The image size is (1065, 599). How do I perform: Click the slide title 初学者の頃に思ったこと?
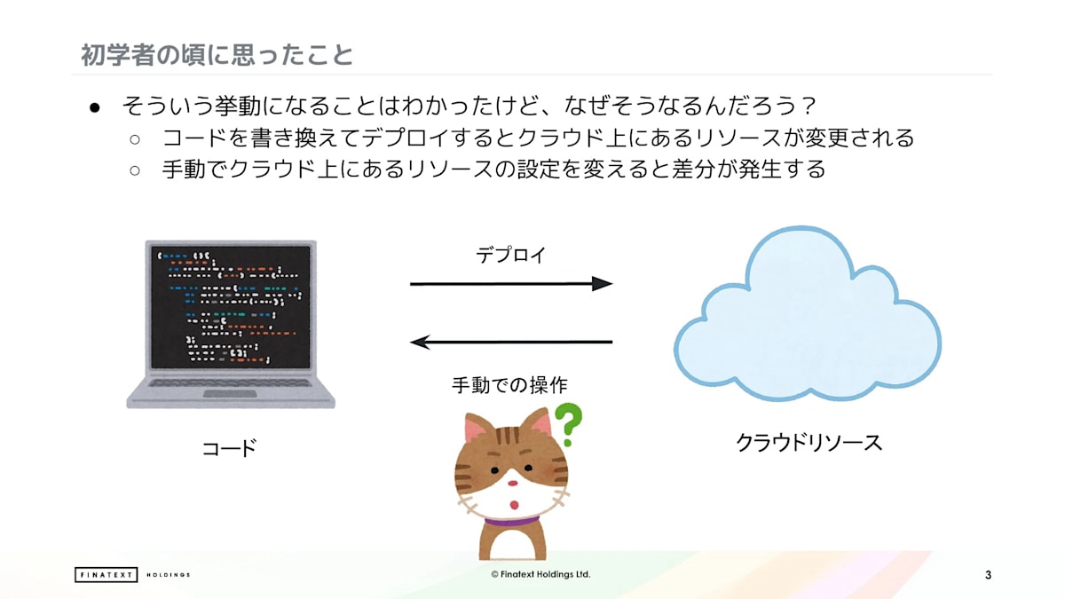coord(217,55)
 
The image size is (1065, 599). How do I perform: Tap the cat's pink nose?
coord(513,484)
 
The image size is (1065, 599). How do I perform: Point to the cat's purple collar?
coord(512,522)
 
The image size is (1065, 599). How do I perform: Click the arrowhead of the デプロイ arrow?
coord(602,284)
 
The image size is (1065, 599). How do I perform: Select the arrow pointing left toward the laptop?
coord(511,342)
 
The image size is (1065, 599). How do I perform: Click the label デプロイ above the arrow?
coord(511,256)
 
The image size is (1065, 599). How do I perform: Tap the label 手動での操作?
coord(509,384)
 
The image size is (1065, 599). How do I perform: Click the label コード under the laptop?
coord(230,448)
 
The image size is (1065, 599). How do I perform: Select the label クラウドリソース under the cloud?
coord(809,443)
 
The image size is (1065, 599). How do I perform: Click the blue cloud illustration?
coord(808,314)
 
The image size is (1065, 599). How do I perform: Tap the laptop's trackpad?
coord(230,394)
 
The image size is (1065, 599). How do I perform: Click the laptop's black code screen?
coord(231,307)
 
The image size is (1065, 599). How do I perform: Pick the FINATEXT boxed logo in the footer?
coord(106,575)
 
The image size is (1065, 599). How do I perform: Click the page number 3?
coord(989,575)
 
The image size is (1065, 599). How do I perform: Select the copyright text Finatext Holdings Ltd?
coord(540,574)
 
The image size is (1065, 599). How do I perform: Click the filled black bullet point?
coord(95,108)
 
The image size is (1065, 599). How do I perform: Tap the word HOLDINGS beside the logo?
coord(169,575)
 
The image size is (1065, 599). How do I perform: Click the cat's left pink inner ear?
coord(476,429)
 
